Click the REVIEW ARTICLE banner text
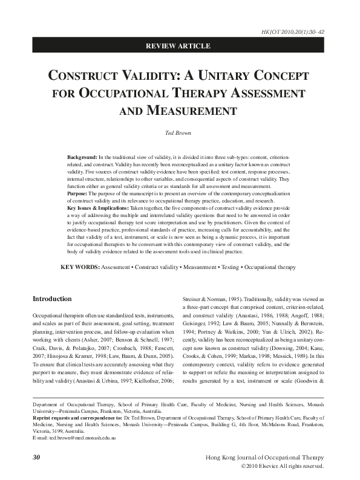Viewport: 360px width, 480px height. pos(180,46)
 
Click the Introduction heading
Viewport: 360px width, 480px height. pos(52,299)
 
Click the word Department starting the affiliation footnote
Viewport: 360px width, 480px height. pos(48,401)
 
